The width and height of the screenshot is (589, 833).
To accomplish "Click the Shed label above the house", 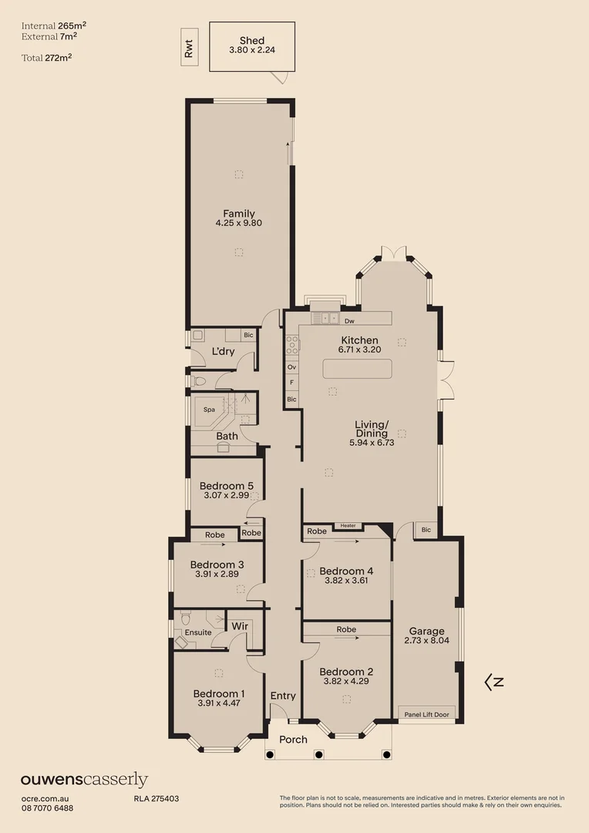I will click(x=251, y=41).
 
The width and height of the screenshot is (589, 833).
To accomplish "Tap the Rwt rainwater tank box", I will click(x=188, y=49).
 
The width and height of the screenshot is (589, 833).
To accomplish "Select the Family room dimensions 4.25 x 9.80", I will click(x=239, y=224).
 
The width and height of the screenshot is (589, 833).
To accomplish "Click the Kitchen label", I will click(x=359, y=340).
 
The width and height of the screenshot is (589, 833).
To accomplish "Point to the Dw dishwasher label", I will click(x=349, y=320).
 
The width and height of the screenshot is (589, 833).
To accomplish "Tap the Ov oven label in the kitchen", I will click(x=291, y=368).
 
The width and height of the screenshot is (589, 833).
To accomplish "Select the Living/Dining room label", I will click(x=372, y=429).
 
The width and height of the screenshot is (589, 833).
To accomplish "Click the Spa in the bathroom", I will click(x=209, y=410).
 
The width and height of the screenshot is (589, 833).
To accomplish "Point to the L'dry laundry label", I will click(x=223, y=352).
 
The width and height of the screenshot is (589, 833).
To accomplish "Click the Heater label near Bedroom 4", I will click(x=348, y=526).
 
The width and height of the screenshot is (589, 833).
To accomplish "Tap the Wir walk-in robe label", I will click(x=240, y=626).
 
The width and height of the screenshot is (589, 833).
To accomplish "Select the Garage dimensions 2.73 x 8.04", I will click(x=426, y=640).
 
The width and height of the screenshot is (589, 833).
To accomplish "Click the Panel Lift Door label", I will click(x=426, y=714).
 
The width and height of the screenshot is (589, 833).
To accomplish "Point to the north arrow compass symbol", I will click(x=493, y=682).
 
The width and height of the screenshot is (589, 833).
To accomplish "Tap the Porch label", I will click(x=293, y=740).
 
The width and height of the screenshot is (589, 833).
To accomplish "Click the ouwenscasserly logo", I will click(x=84, y=781).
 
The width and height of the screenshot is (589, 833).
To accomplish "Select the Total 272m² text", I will click(x=48, y=57).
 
